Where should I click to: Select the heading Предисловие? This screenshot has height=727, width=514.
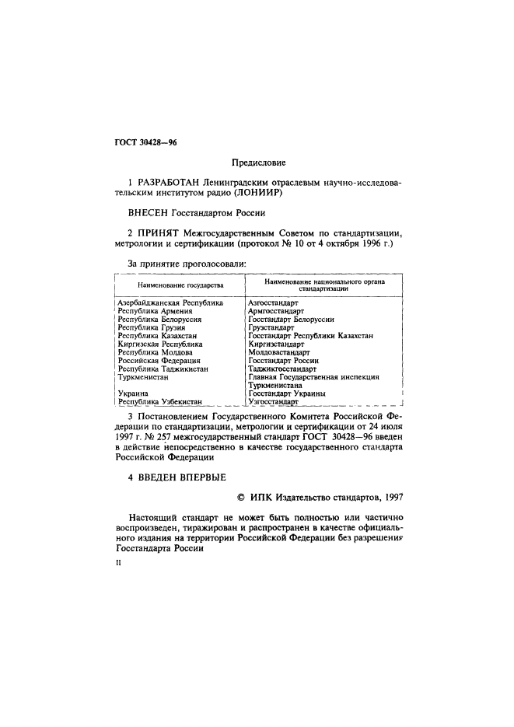pos(258,163)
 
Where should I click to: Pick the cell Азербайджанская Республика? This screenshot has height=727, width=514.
pos(170,302)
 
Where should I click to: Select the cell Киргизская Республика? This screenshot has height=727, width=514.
pos(159,344)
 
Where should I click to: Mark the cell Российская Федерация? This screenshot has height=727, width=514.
pos(159,361)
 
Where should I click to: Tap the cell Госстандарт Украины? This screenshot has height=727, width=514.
pos(286,393)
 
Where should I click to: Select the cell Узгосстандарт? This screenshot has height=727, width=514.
pos(273,402)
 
